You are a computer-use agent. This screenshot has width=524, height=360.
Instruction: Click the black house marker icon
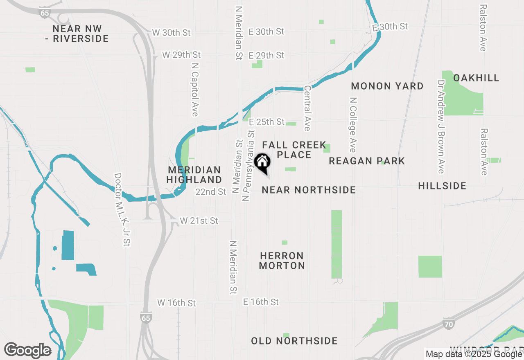point(262,162)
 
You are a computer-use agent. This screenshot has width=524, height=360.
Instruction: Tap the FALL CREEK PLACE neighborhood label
point(294,150)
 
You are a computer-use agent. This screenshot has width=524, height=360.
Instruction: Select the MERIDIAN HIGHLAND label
point(194,175)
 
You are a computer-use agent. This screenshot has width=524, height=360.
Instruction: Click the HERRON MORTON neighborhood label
point(282,261)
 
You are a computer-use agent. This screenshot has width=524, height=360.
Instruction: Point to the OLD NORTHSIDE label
point(294,341)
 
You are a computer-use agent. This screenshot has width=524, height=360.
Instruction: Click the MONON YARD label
point(387,86)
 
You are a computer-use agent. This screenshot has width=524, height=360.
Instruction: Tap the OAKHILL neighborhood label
point(476,78)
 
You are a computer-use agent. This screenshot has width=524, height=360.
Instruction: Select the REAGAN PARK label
point(367,161)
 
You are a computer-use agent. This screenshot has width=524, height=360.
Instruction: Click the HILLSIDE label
point(442,186)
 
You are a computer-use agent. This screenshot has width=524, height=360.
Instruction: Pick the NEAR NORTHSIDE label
point(309,190)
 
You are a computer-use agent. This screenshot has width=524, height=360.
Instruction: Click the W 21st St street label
point(199,221)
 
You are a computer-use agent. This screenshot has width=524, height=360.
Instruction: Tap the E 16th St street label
point(261,302)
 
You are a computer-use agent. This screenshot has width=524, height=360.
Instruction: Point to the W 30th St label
point(171,32)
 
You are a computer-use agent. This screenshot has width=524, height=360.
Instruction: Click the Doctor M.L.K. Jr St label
point(122,209)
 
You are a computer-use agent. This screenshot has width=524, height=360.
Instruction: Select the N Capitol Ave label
point(195,89)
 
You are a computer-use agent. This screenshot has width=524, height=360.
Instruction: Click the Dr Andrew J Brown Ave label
point(441,126)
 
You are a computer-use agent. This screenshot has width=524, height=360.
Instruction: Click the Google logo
point(27,351)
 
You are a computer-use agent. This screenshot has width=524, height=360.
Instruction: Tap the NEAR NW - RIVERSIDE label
point(77,34)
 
